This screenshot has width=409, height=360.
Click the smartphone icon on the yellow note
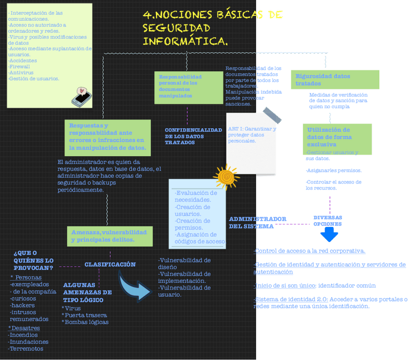point(82,97)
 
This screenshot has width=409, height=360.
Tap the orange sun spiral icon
point(226,177)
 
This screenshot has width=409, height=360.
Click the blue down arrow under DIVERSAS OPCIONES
point(329,234)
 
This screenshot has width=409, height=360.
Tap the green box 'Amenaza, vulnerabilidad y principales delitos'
point(109,236)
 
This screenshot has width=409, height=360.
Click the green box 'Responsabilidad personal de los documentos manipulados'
point(189,87)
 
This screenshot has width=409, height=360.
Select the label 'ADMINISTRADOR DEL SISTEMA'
point(258,223)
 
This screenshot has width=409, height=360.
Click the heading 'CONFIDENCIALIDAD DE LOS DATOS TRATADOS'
point(193,136)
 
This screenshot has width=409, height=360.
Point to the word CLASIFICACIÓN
point(110,265)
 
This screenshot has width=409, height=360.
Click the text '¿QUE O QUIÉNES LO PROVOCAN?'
point(33,260)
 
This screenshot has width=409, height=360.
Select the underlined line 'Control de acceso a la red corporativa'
point(310,251)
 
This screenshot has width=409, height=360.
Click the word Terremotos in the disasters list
point(27,348)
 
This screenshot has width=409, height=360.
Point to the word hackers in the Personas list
point(23,305)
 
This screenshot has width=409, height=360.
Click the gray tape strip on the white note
point(272,116)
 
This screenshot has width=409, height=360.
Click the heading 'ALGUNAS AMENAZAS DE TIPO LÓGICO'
point(87,292)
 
